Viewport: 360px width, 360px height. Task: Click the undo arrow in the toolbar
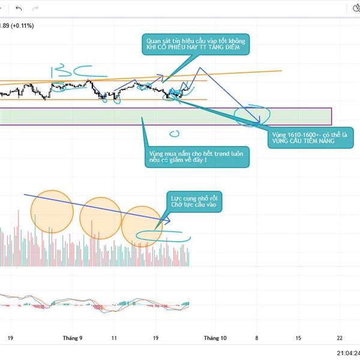tap(19, 8)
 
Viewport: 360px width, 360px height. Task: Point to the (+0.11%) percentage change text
tap(20, 25)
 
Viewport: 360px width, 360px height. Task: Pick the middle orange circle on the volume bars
tap(101, 218)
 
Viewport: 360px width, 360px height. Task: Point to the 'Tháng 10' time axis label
tap(215, 338)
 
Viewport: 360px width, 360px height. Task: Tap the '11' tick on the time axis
tap(115, 338)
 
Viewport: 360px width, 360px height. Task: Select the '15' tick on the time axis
tap(298, 338)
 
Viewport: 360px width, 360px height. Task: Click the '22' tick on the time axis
tap(340, 338)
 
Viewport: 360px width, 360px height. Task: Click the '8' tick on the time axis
tap(257, 338)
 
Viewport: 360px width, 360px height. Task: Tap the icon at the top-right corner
tap(354, 8)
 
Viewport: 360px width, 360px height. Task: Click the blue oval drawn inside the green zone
tap(248, 116)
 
